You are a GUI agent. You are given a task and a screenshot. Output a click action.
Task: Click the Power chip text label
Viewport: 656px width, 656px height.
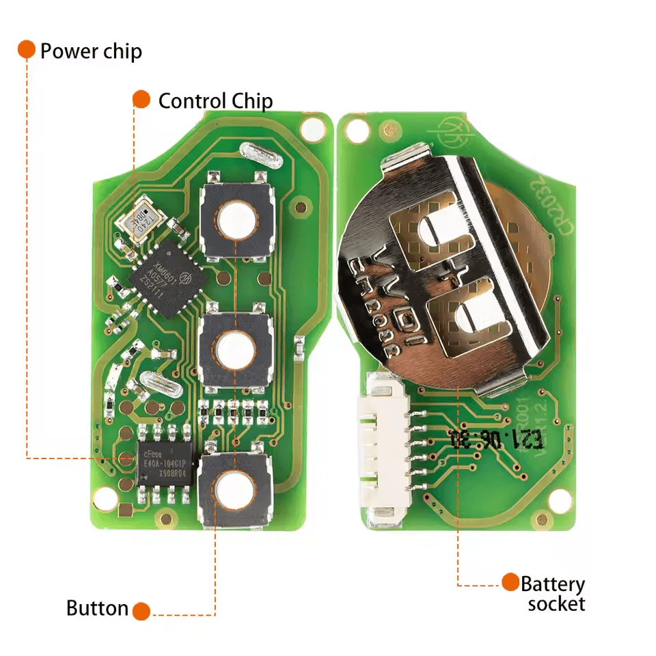[91, 51]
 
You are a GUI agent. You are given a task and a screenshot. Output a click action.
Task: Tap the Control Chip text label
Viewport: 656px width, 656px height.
[215, 101]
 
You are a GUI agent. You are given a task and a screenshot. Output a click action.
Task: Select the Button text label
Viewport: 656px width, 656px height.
[97, 608]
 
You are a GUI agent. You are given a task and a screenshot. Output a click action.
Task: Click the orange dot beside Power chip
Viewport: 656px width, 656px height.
[27, 49]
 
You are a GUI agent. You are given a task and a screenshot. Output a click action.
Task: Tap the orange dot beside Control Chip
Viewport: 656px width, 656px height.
[141, 99]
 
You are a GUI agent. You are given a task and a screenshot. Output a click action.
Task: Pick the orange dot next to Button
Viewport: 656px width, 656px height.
[141, 610]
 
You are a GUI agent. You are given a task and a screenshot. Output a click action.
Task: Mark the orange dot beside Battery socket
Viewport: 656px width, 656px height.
[510, 582]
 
